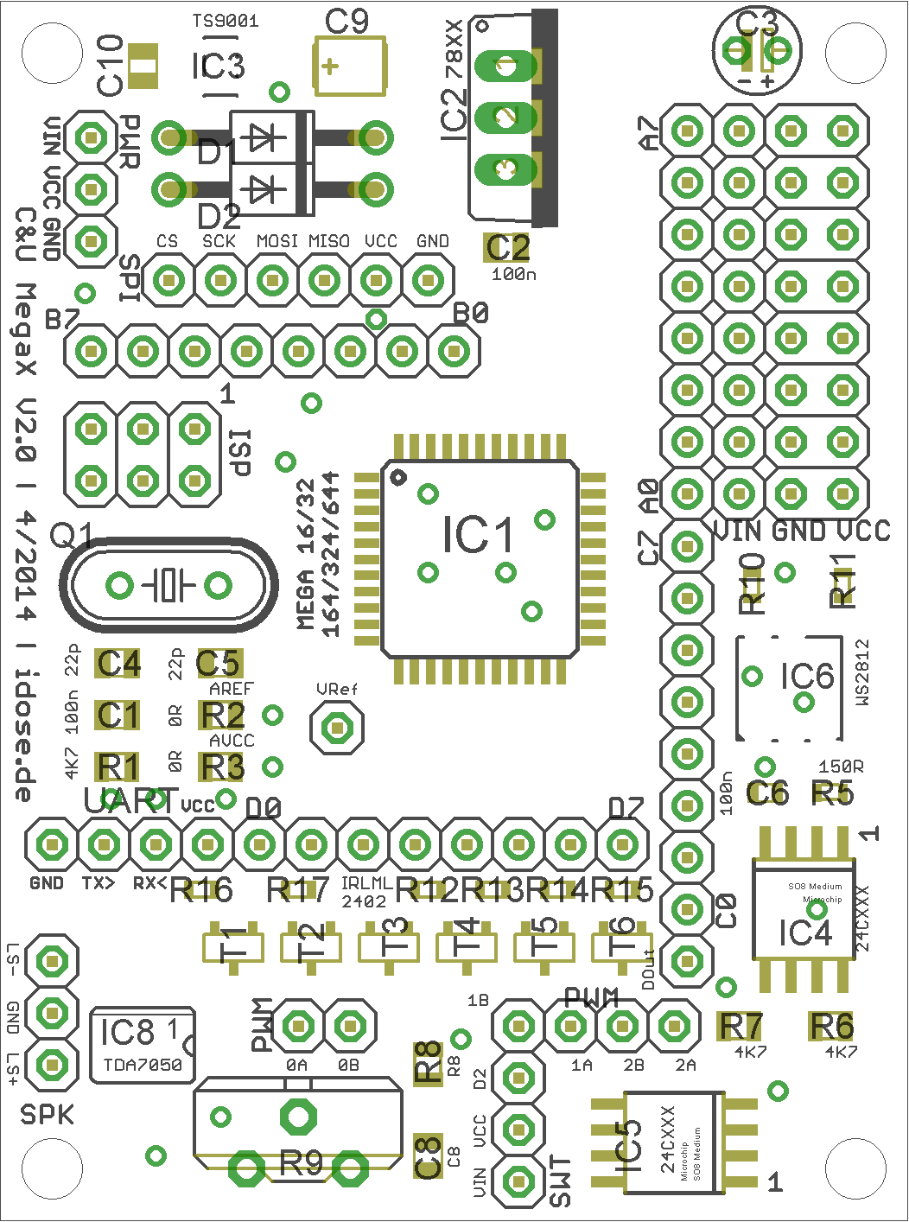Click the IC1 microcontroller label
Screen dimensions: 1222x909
[478, 535]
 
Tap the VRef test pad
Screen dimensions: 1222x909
[337, 729]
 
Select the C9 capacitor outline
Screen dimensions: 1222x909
[349, 66]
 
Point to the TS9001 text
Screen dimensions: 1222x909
[225, 21]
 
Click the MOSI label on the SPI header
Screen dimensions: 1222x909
[277, 241]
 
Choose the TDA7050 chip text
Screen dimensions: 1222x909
[143, 1065]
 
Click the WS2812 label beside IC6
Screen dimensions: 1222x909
[861, 673]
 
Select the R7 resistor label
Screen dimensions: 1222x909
[741, 1026]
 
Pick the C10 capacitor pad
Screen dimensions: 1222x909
[143, 66]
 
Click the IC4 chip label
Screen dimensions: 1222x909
[804, 933]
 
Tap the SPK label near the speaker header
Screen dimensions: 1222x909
[47, 1115]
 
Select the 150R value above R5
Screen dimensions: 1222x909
[840, 767]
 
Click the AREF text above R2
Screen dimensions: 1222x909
[232, 689]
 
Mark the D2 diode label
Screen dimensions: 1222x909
[219, 216]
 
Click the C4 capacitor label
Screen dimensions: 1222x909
[118, 664]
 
